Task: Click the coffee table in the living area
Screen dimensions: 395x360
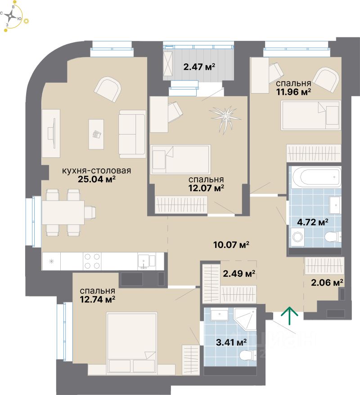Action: (x=96, y=134)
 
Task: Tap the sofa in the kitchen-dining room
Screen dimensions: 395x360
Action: (x=132, y=134)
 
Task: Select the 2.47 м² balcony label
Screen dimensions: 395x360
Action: (x=199, y=67)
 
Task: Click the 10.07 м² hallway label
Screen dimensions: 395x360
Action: (x=232, y=245)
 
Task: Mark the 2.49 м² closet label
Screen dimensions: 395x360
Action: (x=239, y=273)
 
